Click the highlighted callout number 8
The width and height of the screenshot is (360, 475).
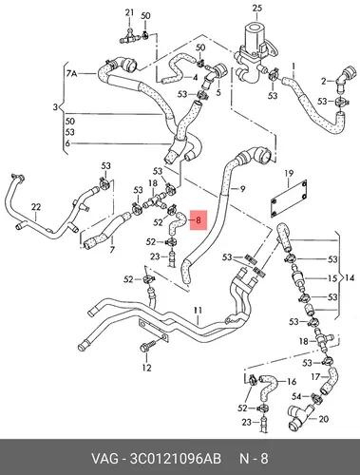(x=199, y=219)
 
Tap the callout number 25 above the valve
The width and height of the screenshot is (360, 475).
(x=257, y=8)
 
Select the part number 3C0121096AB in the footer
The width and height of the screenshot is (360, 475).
(x=176, y=459)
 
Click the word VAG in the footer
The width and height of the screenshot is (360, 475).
(x=104, y=459)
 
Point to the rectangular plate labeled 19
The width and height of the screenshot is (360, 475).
(x=289, y=199)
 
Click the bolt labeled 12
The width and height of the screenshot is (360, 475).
(x=147, y=346)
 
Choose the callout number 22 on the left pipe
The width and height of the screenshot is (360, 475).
(x=36, y=207)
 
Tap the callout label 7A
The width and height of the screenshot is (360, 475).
(x=72, y=74)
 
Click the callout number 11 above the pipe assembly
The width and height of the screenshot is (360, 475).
(x=198, y=311)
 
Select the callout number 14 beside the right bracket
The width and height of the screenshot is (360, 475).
(x=350, y=278)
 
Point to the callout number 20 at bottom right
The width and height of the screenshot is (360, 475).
(x=323, y=419)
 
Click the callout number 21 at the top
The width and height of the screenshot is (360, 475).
(x=129, y=12)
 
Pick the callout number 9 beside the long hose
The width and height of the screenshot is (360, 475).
(x=242, y=189)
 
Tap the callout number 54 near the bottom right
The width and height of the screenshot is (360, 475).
(x=296, y=396)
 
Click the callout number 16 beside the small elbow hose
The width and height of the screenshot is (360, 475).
(x=292, y=382)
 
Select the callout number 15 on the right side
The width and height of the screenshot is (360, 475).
(x=332, y=278)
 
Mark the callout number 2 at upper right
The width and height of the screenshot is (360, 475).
(x=323, y=82)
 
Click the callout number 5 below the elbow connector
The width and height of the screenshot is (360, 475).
(x=218, y=92)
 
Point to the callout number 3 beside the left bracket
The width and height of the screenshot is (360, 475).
(x=55, y=107)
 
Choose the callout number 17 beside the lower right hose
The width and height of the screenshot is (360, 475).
(x=315, y=377)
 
